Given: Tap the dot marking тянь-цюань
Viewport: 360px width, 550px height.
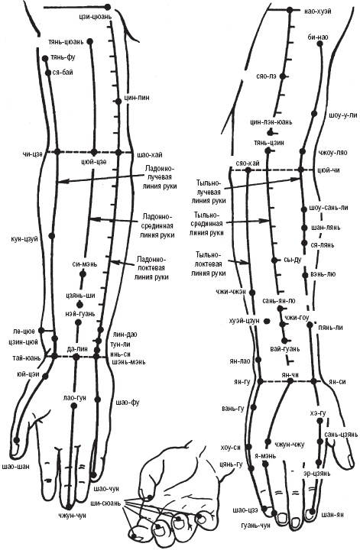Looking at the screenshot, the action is pos(90,41).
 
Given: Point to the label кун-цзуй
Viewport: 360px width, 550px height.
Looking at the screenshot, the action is pos(24,239).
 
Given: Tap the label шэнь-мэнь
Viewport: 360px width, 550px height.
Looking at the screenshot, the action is pos(128,361).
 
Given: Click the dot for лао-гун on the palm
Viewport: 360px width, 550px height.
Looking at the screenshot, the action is pos(73,406).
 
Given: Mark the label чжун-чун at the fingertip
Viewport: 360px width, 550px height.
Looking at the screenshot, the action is pos(73,516).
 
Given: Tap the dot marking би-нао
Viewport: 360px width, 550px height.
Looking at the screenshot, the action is pos(319,44).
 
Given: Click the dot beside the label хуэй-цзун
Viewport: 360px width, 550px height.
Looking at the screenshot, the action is pos(267,321).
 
